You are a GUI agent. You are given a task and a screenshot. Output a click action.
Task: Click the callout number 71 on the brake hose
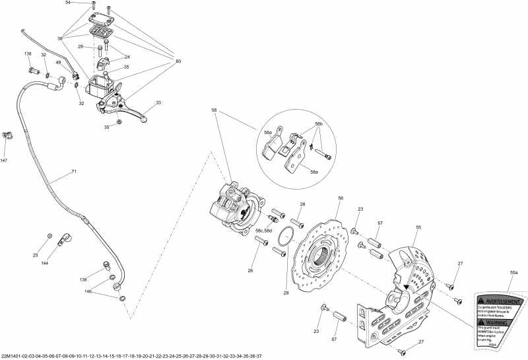pyautogui.click(x=74, y=172)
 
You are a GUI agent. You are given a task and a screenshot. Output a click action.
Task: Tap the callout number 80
pyautogui.click(x=178, y=61)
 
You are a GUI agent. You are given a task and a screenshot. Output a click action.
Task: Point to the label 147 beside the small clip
pyautogui.click(x=4, y=161)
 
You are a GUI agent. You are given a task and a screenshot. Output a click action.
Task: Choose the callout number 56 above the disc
pyautogui.click(x=341, y=198)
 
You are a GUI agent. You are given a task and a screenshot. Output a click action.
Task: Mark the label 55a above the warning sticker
pyautogui.click(x=514, y=272)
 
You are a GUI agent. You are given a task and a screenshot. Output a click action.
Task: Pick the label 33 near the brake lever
pyautogui.click(x=158, y=102)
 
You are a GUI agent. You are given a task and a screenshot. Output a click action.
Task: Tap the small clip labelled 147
pyautogui.click(x=7, y=135)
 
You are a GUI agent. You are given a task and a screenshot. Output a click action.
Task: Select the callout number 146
pyautogui.click(x=87, y=291)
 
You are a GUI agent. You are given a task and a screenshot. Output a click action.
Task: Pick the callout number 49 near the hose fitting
pyautogui.click(x=58, y=63)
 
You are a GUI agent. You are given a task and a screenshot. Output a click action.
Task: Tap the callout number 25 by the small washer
pyautogui.click(x=36, y=255)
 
